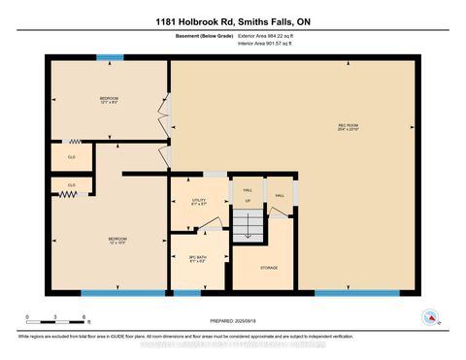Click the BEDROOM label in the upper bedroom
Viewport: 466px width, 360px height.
point(109,100)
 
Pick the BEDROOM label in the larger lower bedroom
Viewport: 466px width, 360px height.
point(117,239)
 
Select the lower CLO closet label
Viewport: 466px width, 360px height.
point(71,184)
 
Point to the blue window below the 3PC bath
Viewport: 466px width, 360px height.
point(187,291)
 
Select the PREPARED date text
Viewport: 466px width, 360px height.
point(232,318)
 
